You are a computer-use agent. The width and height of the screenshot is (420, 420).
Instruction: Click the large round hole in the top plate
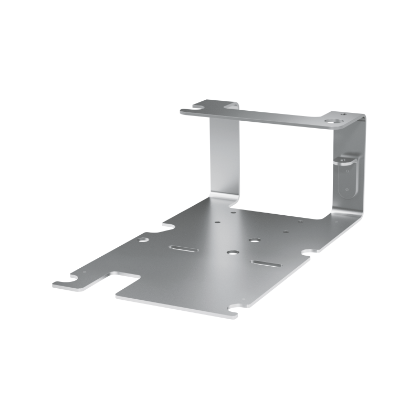pos(332,121)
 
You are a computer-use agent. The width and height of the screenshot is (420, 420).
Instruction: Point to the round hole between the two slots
pos(230,253)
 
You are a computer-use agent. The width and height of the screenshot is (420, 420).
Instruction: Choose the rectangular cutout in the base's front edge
pos(126,280)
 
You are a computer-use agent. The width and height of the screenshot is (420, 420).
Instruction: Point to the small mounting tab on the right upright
pos(346,176)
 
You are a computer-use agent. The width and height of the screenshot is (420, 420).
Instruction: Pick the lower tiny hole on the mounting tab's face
pos(346,190)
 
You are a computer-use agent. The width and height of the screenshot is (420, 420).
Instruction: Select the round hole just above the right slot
pos(255,240)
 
